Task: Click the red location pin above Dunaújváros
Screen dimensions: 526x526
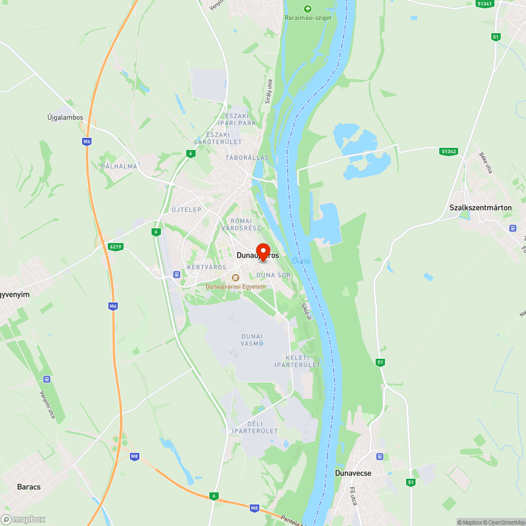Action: [x=263, y=251]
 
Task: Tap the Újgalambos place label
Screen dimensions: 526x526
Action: [x=65, y=117]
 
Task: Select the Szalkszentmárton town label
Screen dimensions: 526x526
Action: [x=480, y=208]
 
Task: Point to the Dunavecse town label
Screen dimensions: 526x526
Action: [x=353, y=473]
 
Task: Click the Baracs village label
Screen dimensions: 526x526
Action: [x=28, y=487]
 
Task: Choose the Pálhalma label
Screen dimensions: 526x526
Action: [x=119, y=166]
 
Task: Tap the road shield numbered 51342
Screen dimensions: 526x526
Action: [x=449, y=151]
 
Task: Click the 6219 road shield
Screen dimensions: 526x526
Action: [x=116, y=246]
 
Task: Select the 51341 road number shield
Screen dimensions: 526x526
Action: [x=484, y=3]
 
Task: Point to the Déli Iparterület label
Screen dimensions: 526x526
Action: [x=255, y=427]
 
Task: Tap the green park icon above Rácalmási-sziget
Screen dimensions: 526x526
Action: [x=308, y=8]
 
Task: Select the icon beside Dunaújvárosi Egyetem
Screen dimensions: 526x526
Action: [x=235, y=278]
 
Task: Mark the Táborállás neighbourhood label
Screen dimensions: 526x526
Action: [x=247, y=158]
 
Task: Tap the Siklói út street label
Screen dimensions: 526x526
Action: [x=306, y=311]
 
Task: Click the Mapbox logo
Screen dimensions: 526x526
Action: [x=24, y=519]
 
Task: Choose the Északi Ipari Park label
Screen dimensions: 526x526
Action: [x=233, y=119]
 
